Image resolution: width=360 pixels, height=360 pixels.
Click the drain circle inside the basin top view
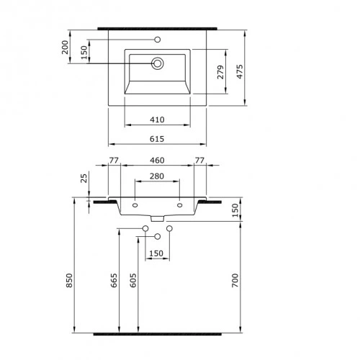click(157, 64)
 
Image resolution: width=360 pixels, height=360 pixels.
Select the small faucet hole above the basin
click(157, 38)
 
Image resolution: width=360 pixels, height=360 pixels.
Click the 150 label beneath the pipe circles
click(156, 253)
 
